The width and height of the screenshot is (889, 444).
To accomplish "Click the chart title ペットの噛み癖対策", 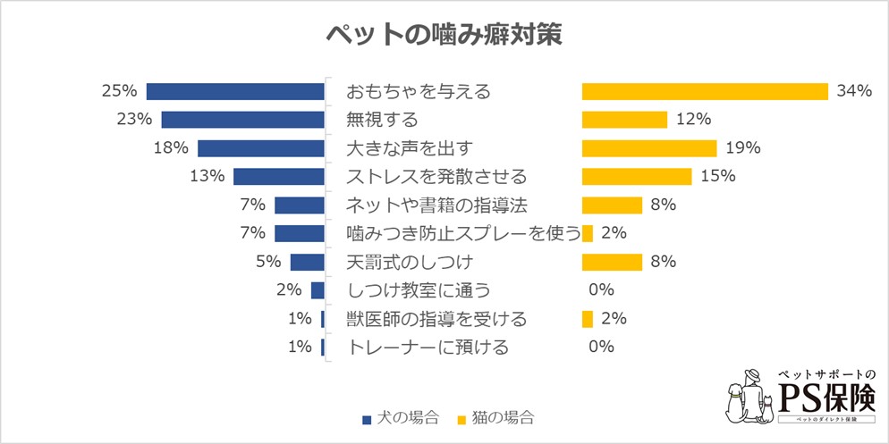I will pyautogui.click(x=444, y=34).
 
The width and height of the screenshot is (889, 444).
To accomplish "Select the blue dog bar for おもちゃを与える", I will pyautogui.click(x=235, y=91).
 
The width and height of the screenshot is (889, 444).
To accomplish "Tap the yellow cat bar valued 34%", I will pyautogui.click(x=705, y=91).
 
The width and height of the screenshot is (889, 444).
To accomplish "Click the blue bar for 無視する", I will pyautogui.click(x=242, y=120).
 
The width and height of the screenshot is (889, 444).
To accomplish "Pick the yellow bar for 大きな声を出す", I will pyautogui.click(x=649, y=148).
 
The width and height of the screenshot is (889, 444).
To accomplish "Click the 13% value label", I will pyautogui.click(x=207, y=176).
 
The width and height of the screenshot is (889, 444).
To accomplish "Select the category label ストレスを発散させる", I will pyautogui.click(x=436, y=176).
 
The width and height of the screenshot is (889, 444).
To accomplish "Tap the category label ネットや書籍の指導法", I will pyautogui.click(x=436, y=205).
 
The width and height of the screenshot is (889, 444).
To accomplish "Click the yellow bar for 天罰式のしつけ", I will pyautogui.click(x=612, y=262).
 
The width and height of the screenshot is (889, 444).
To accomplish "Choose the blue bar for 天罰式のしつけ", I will pyautogui.click(x=307, y=262).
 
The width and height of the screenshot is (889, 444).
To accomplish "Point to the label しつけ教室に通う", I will pyautogui.click(x=418, y=290).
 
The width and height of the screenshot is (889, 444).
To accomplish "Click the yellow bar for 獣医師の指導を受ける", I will pyautogui.click(x=588, y=319).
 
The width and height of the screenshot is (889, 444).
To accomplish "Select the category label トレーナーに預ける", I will pyautogui.click(x=427, y=348).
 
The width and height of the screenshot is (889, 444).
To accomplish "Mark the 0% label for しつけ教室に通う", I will pyautogui.click(x=600, y=290).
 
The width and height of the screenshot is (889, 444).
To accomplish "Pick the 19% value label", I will pyautogui.click(x=742, y=148).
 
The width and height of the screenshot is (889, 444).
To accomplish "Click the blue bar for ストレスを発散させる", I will pyautogui.click(x=278, y=176).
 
